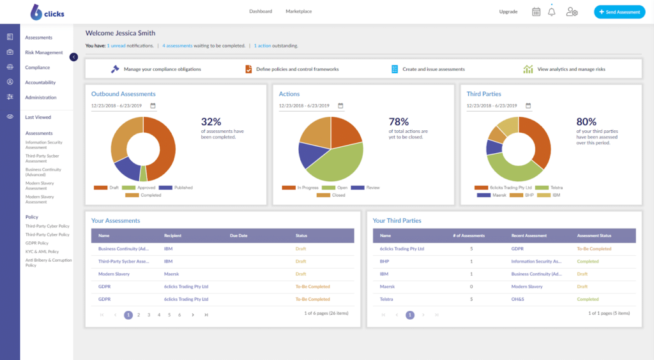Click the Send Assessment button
click(x=619, y=12)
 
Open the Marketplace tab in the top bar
click(x=298, y=11)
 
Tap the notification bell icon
click(x=552, y=12)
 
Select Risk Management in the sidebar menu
click(x=44, y=52)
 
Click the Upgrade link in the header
click(x=508, y=11)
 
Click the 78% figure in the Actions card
click(x=399, y=121)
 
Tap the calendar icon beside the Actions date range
click(x=340, y=105)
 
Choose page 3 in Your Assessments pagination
click(x=149, y=315)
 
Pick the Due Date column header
click(x=239, y=236)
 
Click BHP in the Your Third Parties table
click(x=384, y=261)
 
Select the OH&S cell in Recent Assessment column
click(x=519, y=299)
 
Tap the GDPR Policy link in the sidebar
click(x=36, y=243)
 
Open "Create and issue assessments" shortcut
click(x=433, y=69)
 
